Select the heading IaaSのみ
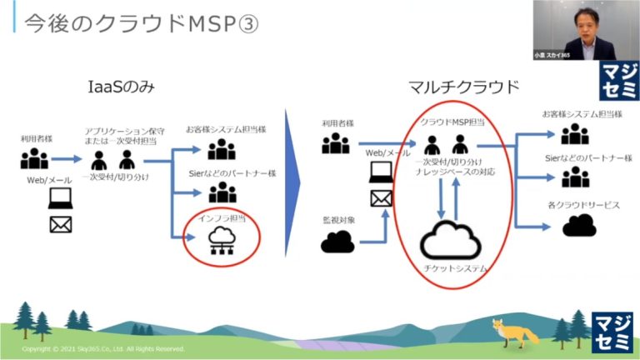click(122, 87)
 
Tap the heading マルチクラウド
click(464, 87)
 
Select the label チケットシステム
click(450, 269)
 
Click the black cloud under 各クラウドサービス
click(578, 225)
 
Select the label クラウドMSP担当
click(450, 122)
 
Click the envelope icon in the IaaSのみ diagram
click(61, 224)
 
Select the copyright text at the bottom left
click(103, 349)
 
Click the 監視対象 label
click(339, 220)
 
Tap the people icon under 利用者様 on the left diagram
click(35, 158)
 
